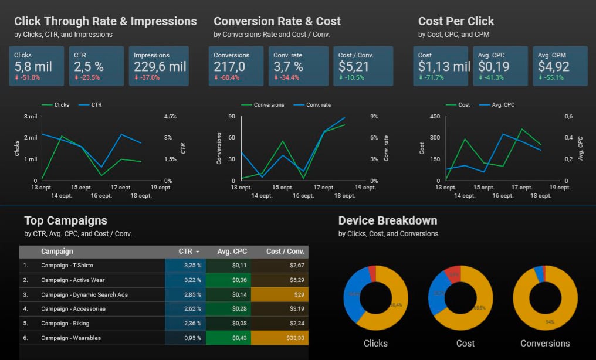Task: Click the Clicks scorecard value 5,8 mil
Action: click(33, 67)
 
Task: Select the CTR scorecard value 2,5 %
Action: click(89, 67)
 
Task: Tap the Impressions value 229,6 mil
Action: click(160, 67)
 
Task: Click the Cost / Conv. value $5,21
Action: click(354, 67)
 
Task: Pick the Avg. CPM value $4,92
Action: click(554, 67)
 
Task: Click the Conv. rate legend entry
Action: click(318, 105)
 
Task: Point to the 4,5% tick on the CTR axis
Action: click(170, 117)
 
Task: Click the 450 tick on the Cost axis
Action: click(435, 117)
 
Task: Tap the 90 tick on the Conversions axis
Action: click(232, 117)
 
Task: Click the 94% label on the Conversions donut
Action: click(550, 322)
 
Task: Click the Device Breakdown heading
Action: click(387, 220)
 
